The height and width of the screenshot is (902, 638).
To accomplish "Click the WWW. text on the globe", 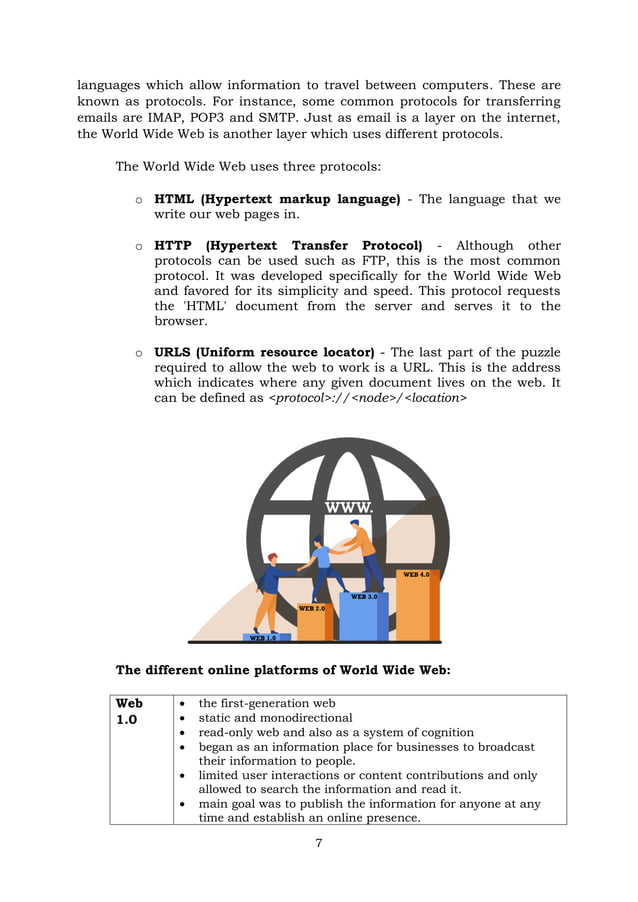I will coord(348,508).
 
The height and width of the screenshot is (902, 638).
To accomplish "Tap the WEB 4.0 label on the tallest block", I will coord(416,575).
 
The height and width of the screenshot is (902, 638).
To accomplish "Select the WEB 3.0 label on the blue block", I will coord(364,597).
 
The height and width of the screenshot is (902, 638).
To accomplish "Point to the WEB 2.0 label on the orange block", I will coord(312,608).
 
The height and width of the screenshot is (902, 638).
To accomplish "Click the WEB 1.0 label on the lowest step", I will coord(263,637).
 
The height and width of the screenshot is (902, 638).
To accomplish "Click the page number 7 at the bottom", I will coord(318,843).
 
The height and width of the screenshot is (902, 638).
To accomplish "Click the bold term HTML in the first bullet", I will coord(176,199).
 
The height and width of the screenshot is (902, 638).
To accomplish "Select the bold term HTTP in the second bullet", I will coord(175,246).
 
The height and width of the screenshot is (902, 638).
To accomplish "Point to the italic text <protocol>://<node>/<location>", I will coord(368,398).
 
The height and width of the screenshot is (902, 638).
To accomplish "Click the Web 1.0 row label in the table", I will coord(130,711).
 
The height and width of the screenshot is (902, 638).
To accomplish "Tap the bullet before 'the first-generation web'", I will coord(182,704).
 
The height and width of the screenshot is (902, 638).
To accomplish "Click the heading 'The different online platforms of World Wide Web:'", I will coord(283,670).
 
